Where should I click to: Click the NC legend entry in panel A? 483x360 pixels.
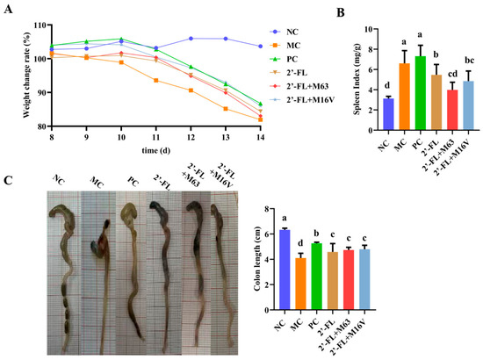[x=284, y=32]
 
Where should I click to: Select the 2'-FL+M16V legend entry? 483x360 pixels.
[x=302, y=99]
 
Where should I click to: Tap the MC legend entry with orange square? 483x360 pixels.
[x=285, y=46]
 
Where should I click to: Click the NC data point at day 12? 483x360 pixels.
[x=191, y=39]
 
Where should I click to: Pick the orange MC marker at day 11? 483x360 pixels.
[x=156, y=81]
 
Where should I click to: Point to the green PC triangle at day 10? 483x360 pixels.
[x=121, y=39]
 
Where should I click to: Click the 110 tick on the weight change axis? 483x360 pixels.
[x=40, y=25]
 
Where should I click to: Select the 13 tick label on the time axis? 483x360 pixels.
[x=226, y=137]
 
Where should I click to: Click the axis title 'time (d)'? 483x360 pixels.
[x=155, y=151]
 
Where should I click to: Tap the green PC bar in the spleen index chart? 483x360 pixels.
[x=421, y=93]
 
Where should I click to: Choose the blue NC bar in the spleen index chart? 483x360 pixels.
[x=388, y=114]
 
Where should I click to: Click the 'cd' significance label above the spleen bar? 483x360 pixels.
[x=452, y=74]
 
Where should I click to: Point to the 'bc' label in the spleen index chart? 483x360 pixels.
[x=469, y=61]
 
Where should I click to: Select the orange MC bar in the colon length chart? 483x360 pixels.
[x=300, y=284]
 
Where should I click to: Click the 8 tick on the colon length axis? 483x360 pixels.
[x=265, y=209]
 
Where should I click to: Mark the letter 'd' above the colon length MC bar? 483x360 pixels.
[x=300, y=243]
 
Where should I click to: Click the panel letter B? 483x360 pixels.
[x=340, y=13]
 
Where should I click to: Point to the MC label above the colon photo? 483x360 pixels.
[x=97, y=182]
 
